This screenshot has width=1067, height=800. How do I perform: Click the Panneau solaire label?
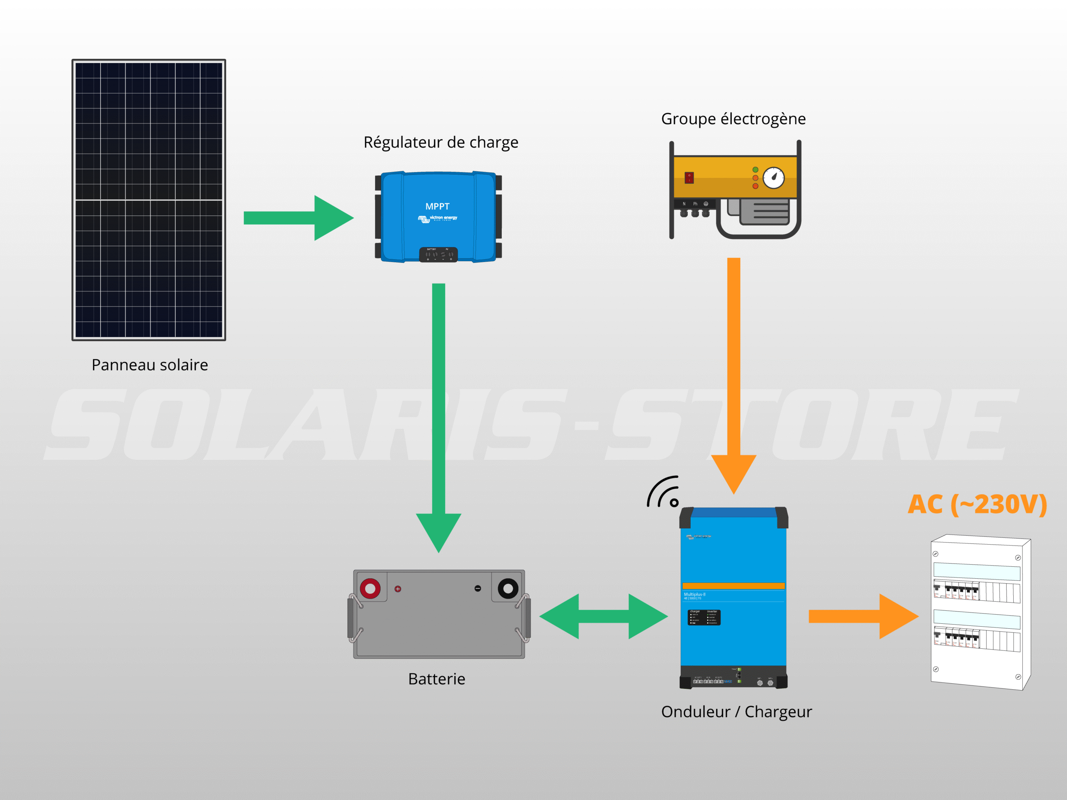[150, 365]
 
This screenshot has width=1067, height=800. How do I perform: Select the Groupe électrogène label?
[733, 119]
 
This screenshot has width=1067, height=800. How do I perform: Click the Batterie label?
[436, 679]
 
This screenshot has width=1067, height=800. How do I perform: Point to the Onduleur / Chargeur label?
[736, 712]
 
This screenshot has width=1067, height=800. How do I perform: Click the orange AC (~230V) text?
[977, 505]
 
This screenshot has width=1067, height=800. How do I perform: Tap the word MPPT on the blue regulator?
[437, 206]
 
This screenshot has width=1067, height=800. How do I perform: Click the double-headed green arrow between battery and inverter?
[603, 616]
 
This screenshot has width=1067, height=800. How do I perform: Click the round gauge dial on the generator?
[774, 178]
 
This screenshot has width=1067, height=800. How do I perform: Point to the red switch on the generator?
[689, 177]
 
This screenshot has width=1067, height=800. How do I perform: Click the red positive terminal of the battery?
[370, 588]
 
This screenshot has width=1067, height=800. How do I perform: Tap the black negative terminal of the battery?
[508, 588]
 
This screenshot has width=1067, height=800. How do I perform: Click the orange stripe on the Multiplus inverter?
[733, 586]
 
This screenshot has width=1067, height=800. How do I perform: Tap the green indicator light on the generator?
[755, 170]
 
